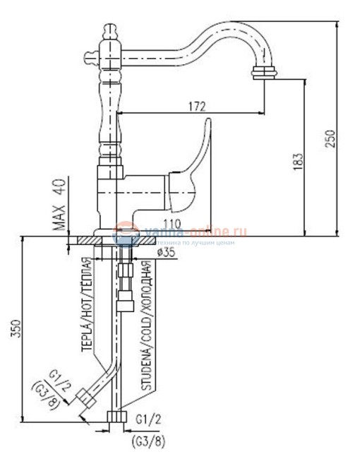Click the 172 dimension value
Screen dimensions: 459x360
pos(197,106)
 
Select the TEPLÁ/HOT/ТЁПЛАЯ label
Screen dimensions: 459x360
pos(88,309)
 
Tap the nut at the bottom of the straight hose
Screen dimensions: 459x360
pos(116,417)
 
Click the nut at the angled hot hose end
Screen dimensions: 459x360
pos(87,399)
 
